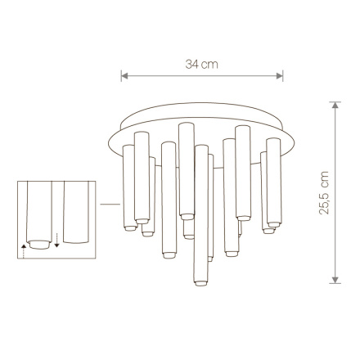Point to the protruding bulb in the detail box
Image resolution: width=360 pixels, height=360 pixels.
click(39, 244)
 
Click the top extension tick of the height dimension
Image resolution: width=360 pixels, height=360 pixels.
click(335, 102)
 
